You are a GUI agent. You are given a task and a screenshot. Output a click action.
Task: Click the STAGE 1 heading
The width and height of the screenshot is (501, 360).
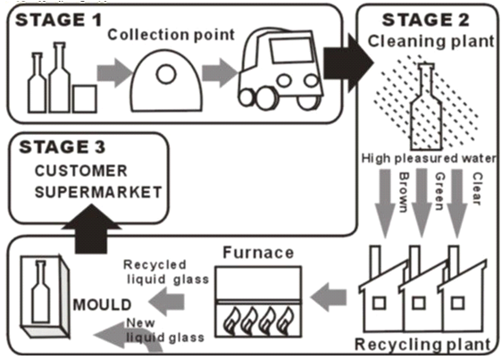pyautogui.click(x=58, y=20)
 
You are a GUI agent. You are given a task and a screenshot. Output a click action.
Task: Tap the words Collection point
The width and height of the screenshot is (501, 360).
pyautogui.click(x=171, y=35)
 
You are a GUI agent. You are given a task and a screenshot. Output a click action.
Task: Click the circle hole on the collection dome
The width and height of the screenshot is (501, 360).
pyautogui.click(x=166, y=74)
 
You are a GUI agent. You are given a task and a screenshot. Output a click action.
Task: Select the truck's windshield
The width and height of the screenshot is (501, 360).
pyautogui.click(x=291, y=51)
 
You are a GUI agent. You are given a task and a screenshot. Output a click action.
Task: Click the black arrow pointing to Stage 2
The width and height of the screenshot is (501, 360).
pyautogui.click(x=348, y=63)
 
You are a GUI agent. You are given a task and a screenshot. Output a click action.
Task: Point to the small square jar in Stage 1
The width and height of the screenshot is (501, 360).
pyautogui.click(x=85, y=99)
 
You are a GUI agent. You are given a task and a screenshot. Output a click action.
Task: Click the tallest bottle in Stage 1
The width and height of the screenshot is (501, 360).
pyautogui.click(x=60, y=78)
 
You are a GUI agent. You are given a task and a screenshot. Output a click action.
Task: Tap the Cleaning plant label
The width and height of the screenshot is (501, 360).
pyautogui.click(x=431, y=41)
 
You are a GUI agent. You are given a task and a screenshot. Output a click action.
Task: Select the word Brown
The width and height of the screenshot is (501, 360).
pyautogui.click(x=405, y=192)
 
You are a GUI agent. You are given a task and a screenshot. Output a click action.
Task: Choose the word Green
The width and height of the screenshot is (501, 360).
pyautogui.click(x=440, y=191)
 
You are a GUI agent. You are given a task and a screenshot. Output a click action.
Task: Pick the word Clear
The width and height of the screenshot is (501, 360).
pyautogui.click(x=477, y=188)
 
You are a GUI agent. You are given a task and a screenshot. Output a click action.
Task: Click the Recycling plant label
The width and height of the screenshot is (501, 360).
pyautogui.click(x=422, y=344)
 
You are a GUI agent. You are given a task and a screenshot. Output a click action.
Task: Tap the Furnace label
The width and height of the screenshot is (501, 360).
pyautogui.click(x=258, y=253)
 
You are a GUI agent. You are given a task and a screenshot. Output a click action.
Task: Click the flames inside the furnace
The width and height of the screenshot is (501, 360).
pyautogui.click(x=258, y=321)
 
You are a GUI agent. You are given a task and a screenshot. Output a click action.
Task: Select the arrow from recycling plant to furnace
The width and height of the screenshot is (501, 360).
pyautogui.click(x=329, y=297)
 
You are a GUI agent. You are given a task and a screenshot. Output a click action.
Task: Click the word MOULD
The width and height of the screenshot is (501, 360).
pyautogui.click(x=102, y=305)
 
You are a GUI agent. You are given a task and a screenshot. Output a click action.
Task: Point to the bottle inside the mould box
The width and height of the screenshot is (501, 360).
pyautogui.click(x=41, y=291)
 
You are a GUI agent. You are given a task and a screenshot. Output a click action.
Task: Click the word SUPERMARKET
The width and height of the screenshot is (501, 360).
pyautogui.click(x=98, y=192)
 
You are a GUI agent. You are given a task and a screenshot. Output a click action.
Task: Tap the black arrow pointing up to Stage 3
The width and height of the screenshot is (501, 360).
pyautogui.click(x=91, y=229)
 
